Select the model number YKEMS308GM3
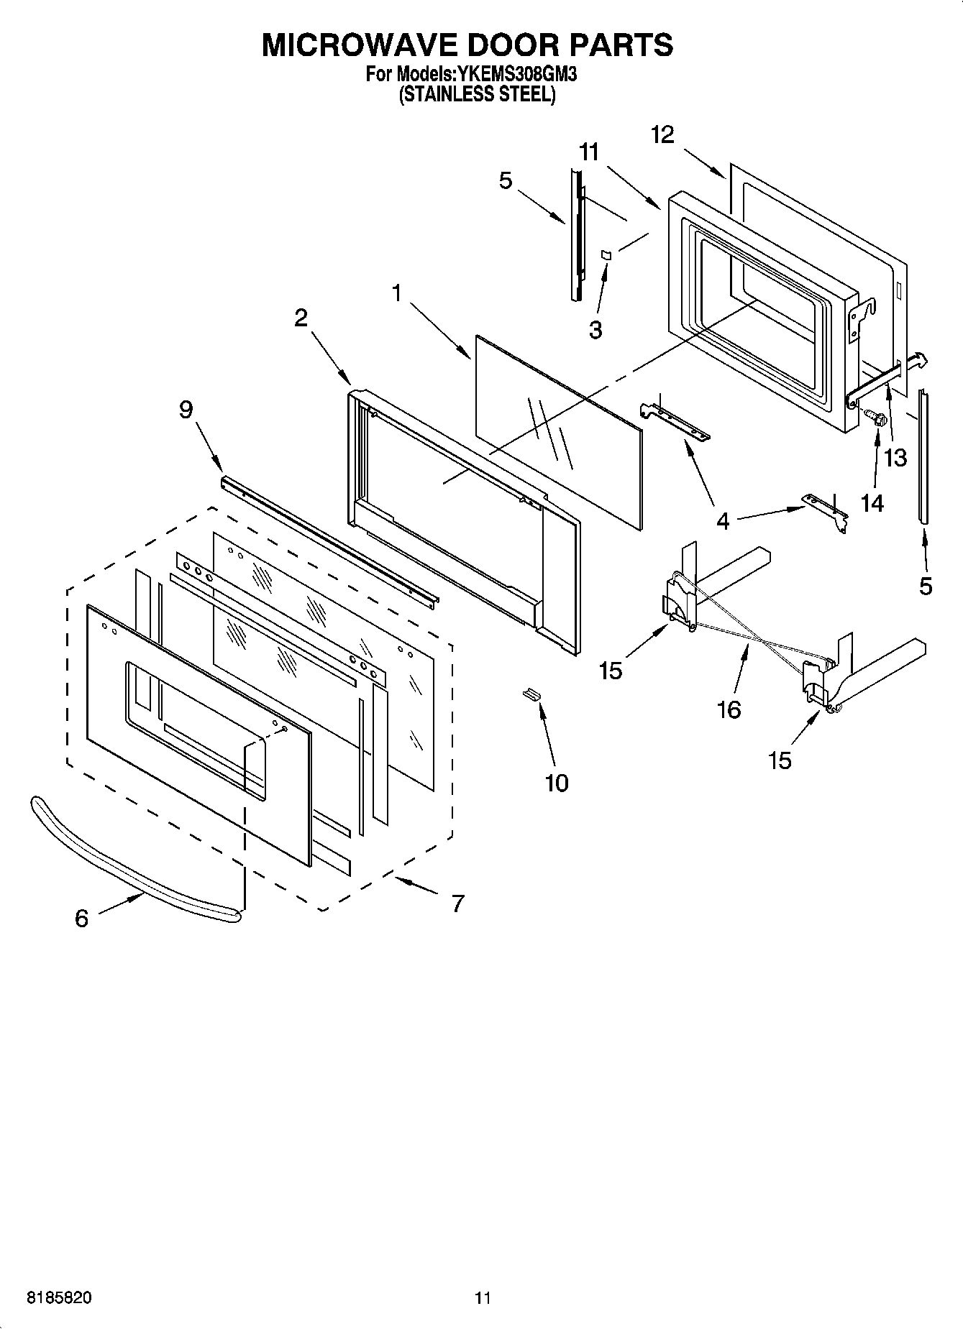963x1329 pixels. (x=516, y=73)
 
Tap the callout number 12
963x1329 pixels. (x=662, y=134)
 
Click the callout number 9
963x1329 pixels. (x=186, y=410)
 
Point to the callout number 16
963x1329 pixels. (x=729, y=709)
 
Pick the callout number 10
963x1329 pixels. (x=557, y=783)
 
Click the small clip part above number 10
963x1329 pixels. (x=531, y=693)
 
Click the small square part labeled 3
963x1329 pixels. (x=606, y=254)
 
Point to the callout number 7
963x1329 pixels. (x=457, y=903)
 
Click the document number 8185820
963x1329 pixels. (x=59, y=1298)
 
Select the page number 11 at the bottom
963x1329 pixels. (x=482, y=1298)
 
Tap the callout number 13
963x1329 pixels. (x=895, y=457)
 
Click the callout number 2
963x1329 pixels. (x=301, y=318)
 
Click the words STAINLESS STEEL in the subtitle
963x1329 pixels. (x=478, y=95)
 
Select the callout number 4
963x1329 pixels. (x=723, y=521)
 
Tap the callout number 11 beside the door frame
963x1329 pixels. (x=588, y=152)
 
